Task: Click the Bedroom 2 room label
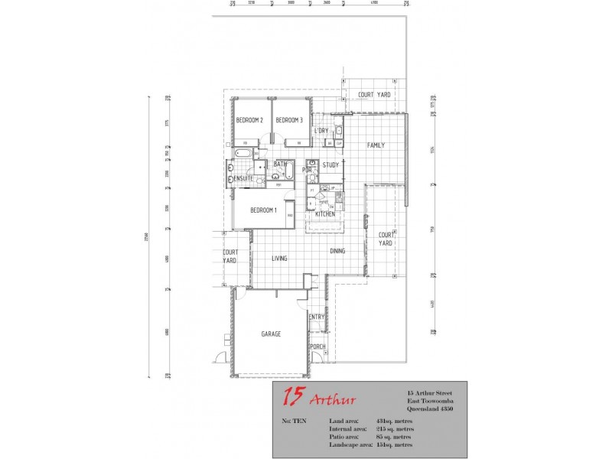[x=249, y=120]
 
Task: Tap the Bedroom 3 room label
[x=289, y=120]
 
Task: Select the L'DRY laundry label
[x=321, y=131]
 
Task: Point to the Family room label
[x=376, y=145]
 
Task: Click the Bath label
[x=280, y=164]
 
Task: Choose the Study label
[x=330, y=164]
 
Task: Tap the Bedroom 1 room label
[x=263, y=210]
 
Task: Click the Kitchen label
[x=326, y=214]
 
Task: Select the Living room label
[x=279, y=259]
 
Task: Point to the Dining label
[x=337, y=251]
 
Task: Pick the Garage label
[x=271, y=334]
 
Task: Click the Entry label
[x=317, y=317]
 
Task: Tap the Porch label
[x=317, y=347]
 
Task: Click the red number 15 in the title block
[x=291, y=398]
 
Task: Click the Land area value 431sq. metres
[x=396, y=422]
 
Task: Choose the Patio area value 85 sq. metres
[x=397, y=437]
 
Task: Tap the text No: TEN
[x=294, y=422]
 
